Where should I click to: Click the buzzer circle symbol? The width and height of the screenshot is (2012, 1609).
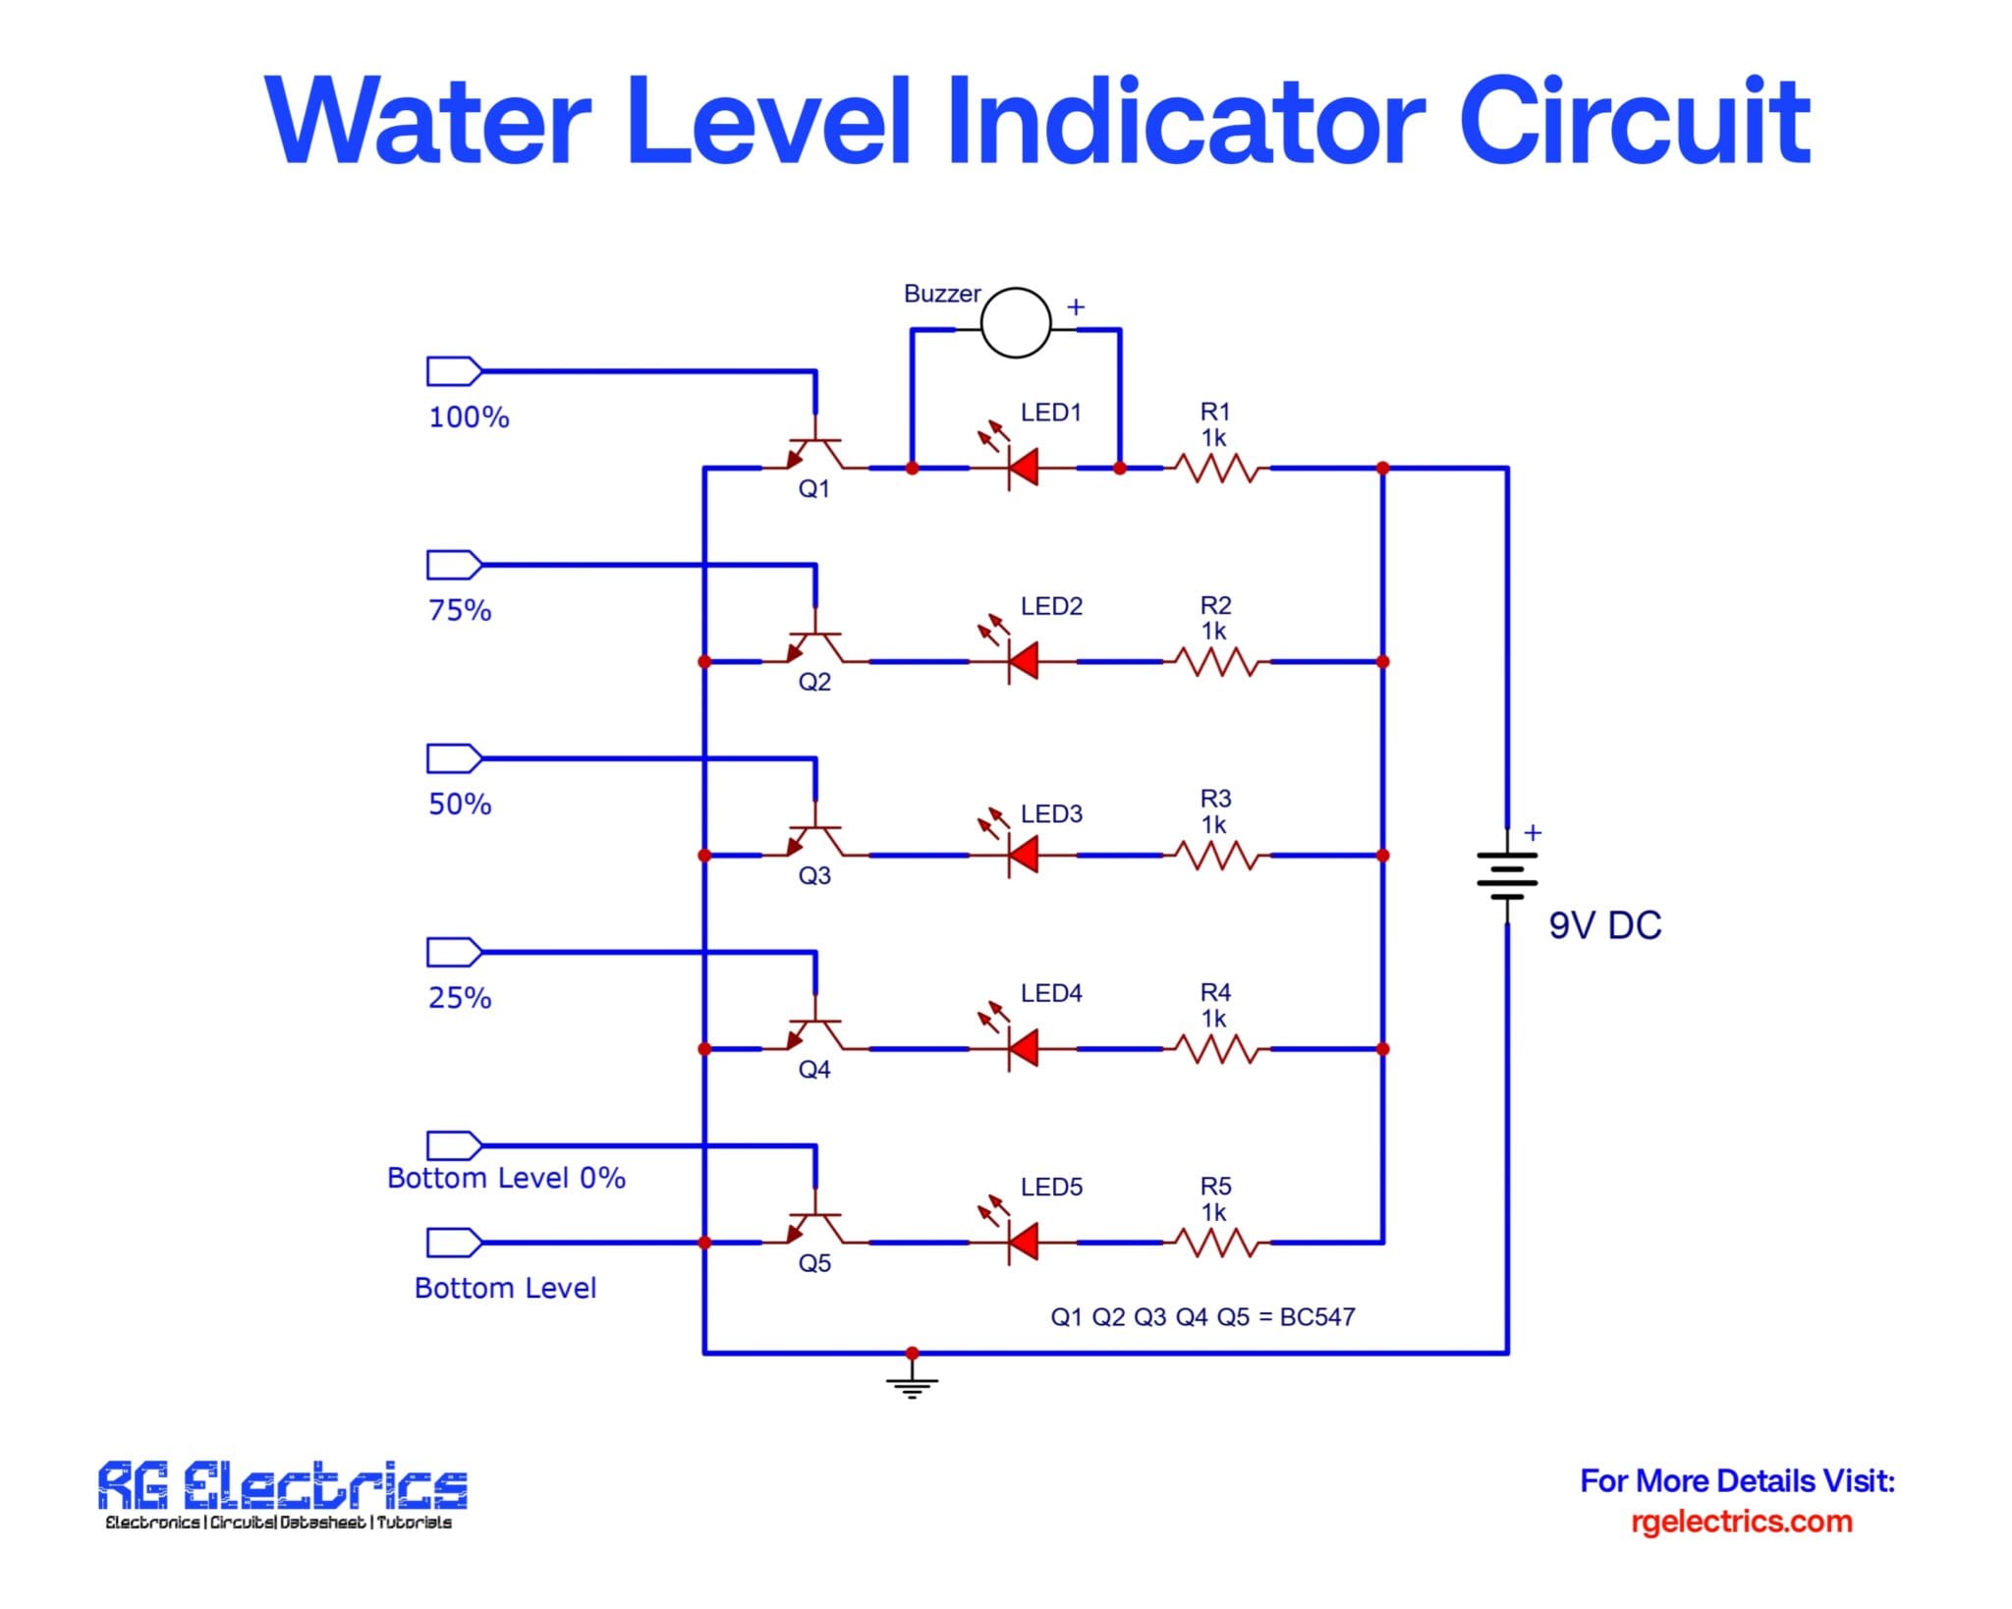coord(1016,322)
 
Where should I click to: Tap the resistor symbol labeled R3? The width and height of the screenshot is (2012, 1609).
coord(1216,856)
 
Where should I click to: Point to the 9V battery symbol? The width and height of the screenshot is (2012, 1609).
coord(1506,876)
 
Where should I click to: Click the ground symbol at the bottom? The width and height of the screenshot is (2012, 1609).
coord(912,1383)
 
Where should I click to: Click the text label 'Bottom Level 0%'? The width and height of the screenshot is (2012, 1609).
coord(506,1178)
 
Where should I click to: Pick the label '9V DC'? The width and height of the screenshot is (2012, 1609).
coord(1604,925)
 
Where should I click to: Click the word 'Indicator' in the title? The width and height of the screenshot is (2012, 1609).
coord(1184,123)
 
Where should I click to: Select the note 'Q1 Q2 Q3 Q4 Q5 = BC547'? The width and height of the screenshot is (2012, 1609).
coord(1202,1316)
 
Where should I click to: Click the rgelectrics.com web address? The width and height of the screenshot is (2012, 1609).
coord(1741,1522)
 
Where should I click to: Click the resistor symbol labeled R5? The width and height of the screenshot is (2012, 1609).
coord(1216,1243)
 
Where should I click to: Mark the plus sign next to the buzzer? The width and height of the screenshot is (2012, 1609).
coord(1076,306)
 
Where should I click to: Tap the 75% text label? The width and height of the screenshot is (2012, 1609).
coord(460,610)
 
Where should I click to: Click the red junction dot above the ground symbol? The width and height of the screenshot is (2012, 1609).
coord(912,1353)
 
